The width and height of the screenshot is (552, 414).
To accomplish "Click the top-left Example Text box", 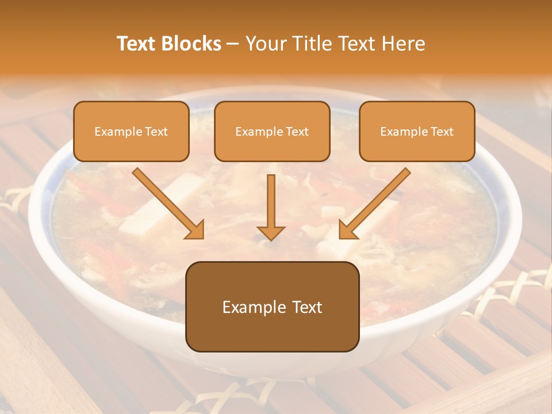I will coord(131,131).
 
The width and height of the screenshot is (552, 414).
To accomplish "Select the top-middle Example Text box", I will coord(272,131).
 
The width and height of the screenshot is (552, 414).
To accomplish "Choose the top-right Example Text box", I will coord(417,131).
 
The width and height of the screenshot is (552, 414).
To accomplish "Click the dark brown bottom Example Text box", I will coord(272,306).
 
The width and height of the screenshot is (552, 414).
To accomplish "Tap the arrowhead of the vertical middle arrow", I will coord(271,232).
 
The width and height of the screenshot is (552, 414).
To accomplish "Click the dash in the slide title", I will coord(233,44).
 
